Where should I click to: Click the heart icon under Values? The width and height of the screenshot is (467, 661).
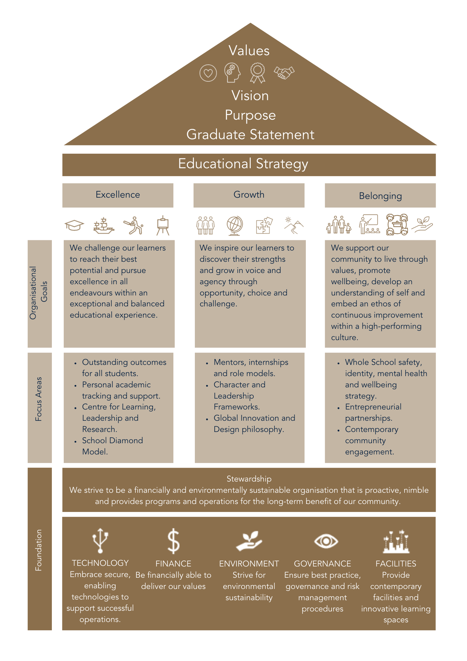(208, 73)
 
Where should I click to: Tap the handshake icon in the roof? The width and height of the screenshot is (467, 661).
(284, 73)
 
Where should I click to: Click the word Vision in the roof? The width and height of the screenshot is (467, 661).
(250, 96)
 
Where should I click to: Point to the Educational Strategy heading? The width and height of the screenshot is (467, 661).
(243, 164)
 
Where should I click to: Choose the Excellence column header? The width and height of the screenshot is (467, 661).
(118, 195)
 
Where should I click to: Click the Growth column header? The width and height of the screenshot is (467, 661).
(249, 194)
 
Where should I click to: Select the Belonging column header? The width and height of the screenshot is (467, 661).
(380, 196)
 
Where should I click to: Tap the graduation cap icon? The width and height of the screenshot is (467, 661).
(74, 225)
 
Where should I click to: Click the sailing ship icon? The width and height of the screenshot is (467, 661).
(104, 226)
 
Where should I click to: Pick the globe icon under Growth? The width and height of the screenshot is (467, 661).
(235, 226)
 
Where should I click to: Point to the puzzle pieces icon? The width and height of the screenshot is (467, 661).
(265, 225)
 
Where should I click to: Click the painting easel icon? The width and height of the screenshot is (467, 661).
(163, 225)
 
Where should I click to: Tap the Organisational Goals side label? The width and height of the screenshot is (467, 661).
(39, 293)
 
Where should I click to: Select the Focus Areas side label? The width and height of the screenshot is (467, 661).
(39, 399)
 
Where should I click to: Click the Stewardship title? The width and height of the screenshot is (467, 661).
(249, 479)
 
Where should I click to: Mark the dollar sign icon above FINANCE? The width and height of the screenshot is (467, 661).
(173, 541)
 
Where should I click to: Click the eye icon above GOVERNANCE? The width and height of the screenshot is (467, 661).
(326, 541)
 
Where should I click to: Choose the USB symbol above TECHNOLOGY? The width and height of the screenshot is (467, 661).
(100, 540)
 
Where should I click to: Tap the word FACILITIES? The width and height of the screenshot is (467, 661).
(396, 564)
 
